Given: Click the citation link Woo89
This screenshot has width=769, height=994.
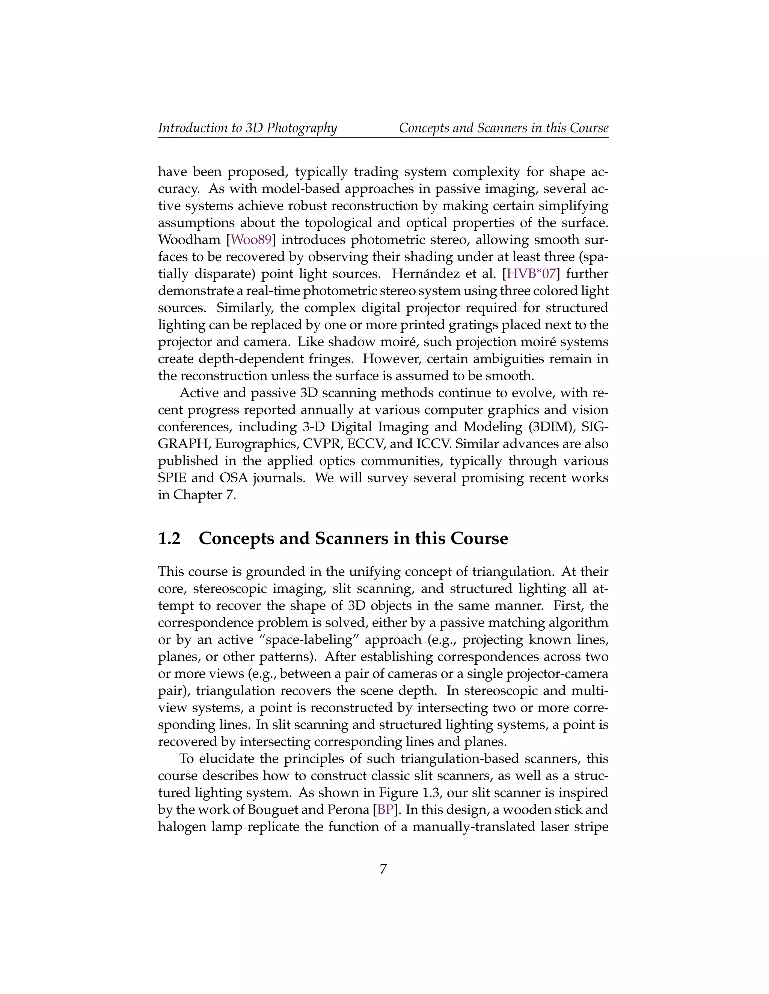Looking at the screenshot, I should click(x=251, y=240).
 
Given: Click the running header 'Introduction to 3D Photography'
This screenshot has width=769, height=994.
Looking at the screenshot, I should click(x=247, y=128).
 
